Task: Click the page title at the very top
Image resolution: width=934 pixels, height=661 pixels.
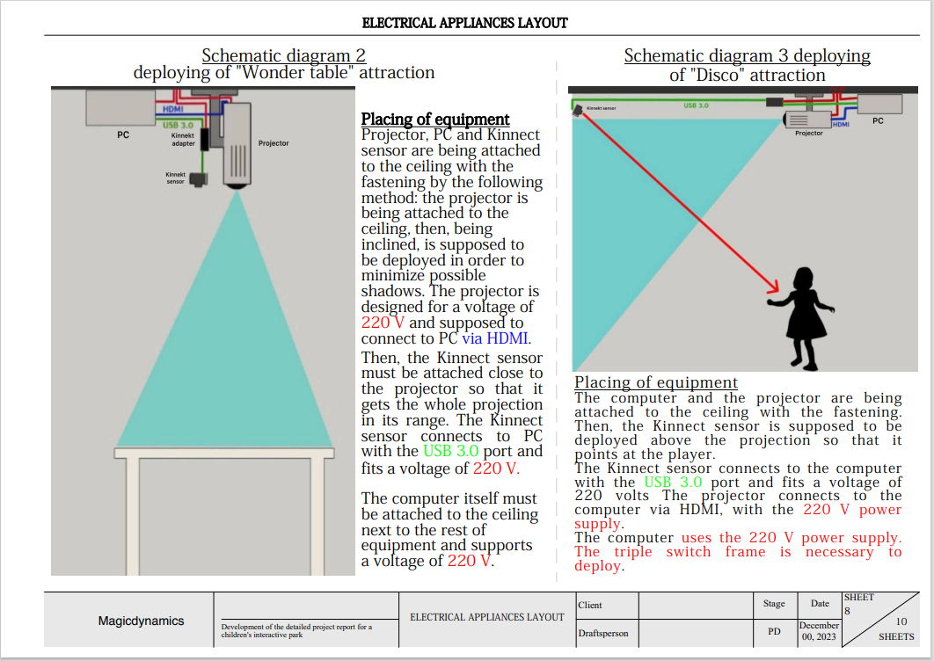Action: [465, 23]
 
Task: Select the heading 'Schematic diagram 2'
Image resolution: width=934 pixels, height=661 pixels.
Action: [284, 55]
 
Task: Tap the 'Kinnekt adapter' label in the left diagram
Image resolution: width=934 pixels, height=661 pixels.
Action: [183, 140]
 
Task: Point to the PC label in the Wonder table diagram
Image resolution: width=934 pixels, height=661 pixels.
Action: [123, 136]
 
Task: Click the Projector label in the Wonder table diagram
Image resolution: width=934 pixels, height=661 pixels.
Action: [274, 142]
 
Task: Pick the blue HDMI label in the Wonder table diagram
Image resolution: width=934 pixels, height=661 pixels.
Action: [173, 109]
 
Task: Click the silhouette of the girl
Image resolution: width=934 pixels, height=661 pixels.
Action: [802, 316]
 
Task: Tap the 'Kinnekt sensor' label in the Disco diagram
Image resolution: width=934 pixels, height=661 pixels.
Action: [602, 109]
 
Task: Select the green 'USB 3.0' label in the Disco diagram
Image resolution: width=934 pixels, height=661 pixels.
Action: [696, 105]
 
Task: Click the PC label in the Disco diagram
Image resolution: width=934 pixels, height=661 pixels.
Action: [878, 120]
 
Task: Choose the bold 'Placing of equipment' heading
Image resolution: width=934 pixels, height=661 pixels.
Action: [435, 119]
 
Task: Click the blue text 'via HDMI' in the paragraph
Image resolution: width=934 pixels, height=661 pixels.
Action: [496, 338]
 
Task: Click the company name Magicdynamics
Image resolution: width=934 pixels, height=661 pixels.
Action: [141, 621]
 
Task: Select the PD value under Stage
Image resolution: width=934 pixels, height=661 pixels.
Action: [774, 631]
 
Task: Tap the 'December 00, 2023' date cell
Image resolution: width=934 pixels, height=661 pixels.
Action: [820, 631]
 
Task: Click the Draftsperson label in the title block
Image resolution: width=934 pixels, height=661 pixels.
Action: [603, 633]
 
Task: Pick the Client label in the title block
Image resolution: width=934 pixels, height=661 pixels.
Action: [590, 605]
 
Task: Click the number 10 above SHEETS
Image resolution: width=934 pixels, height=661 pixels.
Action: [901, 621]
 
